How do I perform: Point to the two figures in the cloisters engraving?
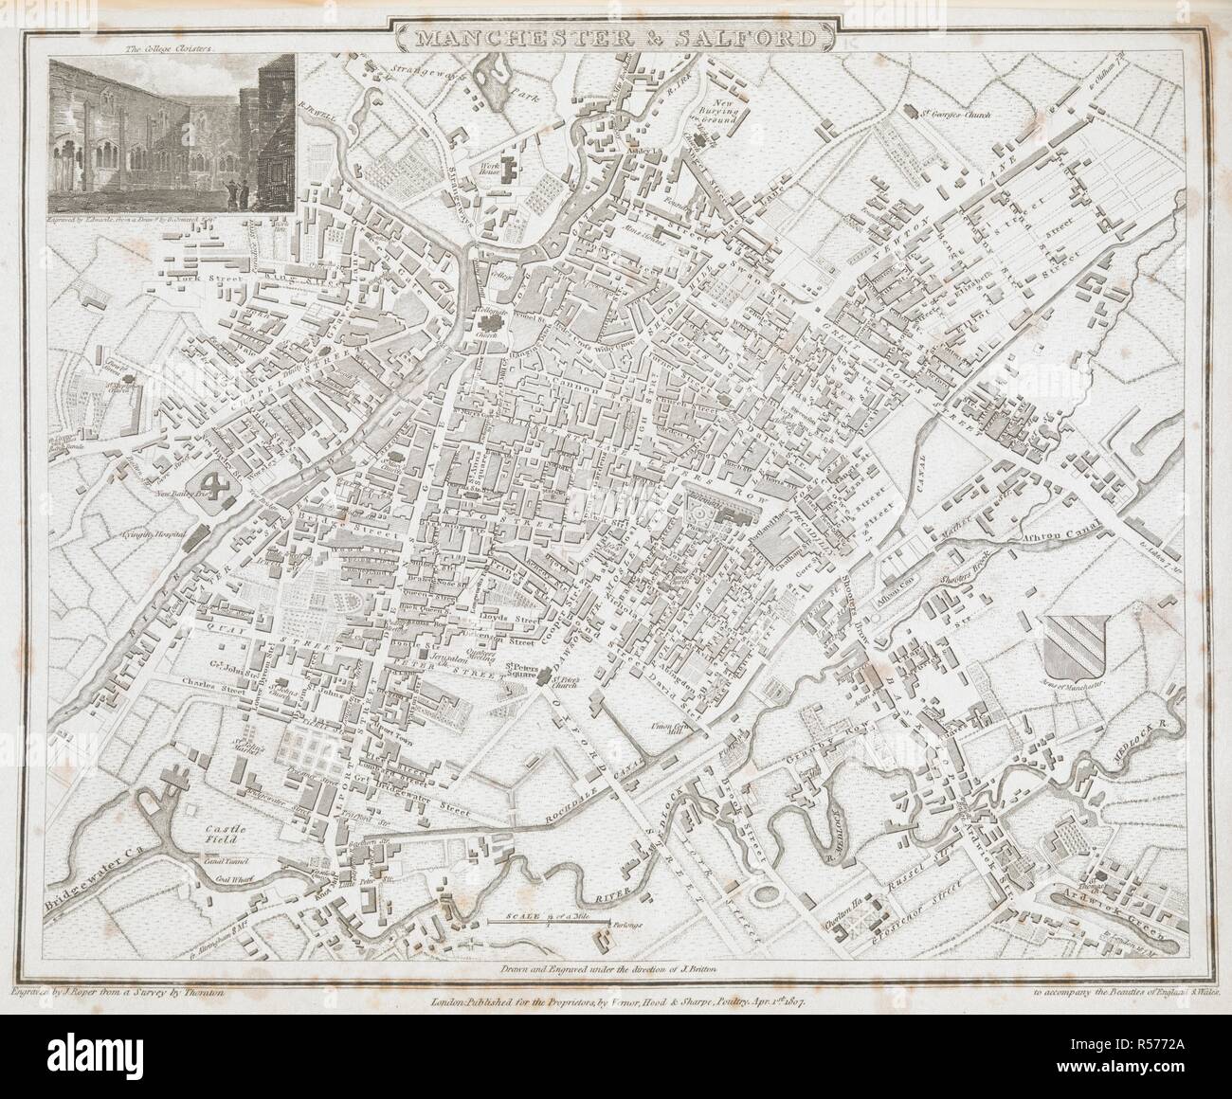pos(239,193)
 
